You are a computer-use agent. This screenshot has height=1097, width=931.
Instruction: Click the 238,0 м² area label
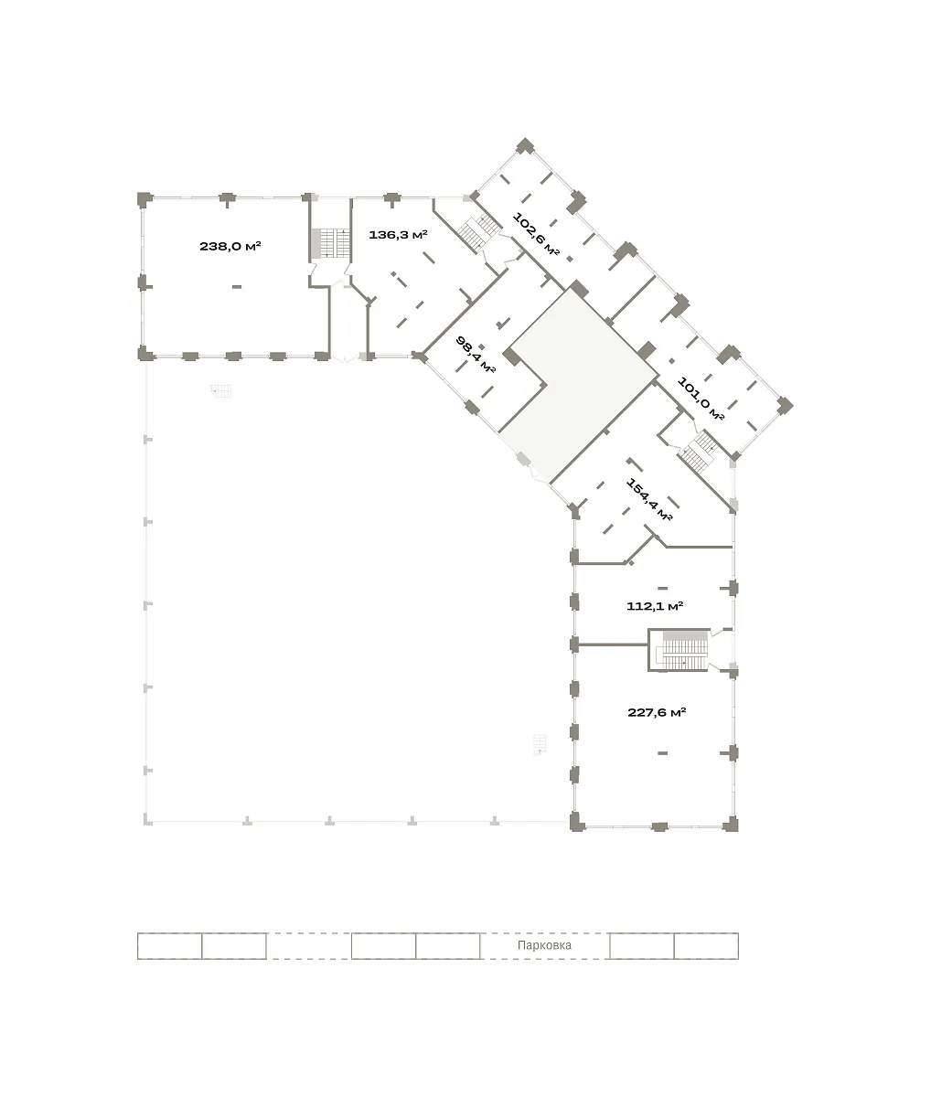pos(230,246)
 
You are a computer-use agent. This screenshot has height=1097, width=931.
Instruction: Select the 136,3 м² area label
pos(398,235)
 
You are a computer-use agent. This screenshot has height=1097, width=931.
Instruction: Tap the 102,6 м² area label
pos(536,234)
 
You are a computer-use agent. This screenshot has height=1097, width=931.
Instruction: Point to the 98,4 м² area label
pos(476,355)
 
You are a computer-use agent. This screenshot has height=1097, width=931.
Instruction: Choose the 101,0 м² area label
pos(701,399)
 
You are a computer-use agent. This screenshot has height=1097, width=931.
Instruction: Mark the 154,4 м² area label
pos(649,499)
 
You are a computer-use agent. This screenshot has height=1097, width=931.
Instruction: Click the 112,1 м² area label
pos(654,606)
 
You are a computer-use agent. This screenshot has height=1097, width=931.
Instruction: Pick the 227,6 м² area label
pos(657,712)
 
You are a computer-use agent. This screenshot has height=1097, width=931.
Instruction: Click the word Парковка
pos(544,945)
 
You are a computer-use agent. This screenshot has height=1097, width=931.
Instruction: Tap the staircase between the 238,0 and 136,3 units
pos(331,243)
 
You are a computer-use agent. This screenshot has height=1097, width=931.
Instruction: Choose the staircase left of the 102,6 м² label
pos(479,232)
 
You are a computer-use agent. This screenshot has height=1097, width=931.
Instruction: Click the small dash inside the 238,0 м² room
pos(237,287)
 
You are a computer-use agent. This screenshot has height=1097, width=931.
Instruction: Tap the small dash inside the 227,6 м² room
pos(662,753)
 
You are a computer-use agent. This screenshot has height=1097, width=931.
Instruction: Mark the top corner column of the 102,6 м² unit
pos(525,146)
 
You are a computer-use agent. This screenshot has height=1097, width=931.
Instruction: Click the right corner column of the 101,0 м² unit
pos(785,406)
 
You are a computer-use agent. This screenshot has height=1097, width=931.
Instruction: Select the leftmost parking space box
pos(169,946)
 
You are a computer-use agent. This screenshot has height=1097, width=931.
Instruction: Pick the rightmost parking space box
pos(706,946)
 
